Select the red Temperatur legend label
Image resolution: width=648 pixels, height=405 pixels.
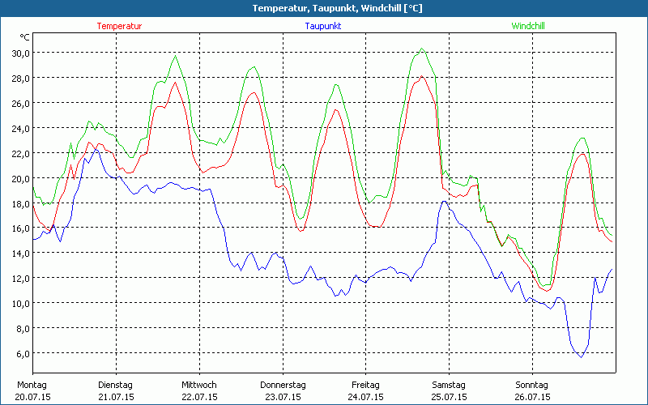point(119,26)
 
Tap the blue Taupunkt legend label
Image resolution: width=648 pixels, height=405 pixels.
point(323,26)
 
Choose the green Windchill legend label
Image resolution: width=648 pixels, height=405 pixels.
point(528,26)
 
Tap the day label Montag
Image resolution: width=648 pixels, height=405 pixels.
point(32,385)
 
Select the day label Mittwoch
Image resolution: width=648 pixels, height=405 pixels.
point(199,385)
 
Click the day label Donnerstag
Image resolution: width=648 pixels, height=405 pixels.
point(283,385)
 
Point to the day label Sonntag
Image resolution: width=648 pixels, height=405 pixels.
point(532,385)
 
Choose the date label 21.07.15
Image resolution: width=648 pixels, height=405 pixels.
point(116,397)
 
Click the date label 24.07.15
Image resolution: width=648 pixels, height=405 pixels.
point(366,397)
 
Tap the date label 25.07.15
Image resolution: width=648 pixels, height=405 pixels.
point(450,397)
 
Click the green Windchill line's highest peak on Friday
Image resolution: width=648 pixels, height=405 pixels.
point(421,49)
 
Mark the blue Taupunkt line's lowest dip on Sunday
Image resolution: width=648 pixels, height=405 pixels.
point(580,357)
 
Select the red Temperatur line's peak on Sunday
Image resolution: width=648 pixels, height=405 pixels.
point(581,153)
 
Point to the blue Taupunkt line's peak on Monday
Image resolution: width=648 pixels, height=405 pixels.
point(95,148)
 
